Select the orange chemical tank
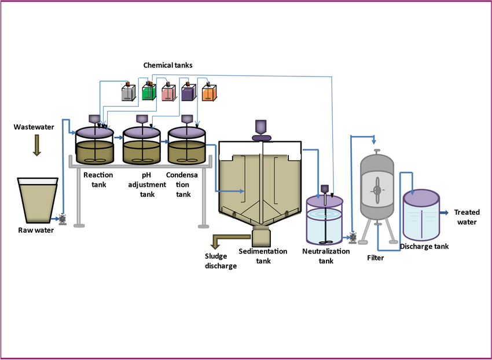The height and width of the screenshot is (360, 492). click(x=209, y=93)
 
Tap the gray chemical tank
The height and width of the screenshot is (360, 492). click(x=128, y=93)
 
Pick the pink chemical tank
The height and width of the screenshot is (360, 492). click(x=169, y=93)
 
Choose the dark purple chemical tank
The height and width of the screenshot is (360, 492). click(x=189, y=93)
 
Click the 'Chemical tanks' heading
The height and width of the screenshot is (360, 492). click(x=168, y=66)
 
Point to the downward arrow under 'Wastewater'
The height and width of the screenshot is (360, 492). click(x=37, y=144)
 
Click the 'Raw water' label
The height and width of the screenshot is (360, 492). click(x=36, y=230)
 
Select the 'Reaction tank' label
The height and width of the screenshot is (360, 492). click(x=98, y=179)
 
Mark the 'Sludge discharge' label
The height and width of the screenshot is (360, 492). click(x=221, y=261)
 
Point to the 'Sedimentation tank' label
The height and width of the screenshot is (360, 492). click(x=263, y=256)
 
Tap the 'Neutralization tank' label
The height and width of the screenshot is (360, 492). click(x=326, y=256)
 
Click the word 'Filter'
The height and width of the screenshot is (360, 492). click(x=375, y=258)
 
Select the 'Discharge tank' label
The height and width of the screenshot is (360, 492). click(x=424, y=247)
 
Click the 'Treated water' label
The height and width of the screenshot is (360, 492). click(x=467, y=217)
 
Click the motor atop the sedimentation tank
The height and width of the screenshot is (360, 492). click(x=262, y=129)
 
